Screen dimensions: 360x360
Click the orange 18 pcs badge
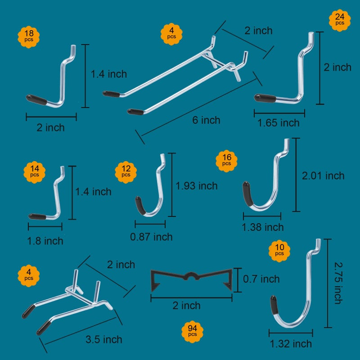tap(29, 37)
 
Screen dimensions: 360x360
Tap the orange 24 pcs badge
tap(340, 20)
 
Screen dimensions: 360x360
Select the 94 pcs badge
tap(192, 332)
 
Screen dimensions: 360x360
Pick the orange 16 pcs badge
tap(227, 161)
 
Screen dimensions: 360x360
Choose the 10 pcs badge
tap(279, 251)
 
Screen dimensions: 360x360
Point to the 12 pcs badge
tap(126, 172)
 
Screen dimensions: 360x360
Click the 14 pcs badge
tap(35, 172)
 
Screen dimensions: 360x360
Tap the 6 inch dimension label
tap(206, 120)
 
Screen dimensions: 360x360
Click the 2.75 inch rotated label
tap(338, 283)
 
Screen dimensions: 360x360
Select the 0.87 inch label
tap(151, 237)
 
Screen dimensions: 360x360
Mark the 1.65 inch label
tap(278, 123)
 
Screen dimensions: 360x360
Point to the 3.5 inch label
tap(104, 340)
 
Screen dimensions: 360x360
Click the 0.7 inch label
tap(261, 279)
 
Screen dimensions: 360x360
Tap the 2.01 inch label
tap(323, 176)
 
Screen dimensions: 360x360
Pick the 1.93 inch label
tap(197, 186)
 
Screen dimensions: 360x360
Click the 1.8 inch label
tap(45, 241)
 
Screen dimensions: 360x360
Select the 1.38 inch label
tap(263, 227)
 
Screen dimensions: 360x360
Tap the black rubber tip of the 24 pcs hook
tap(265, 98)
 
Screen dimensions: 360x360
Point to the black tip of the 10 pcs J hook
tap(274, 305)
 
